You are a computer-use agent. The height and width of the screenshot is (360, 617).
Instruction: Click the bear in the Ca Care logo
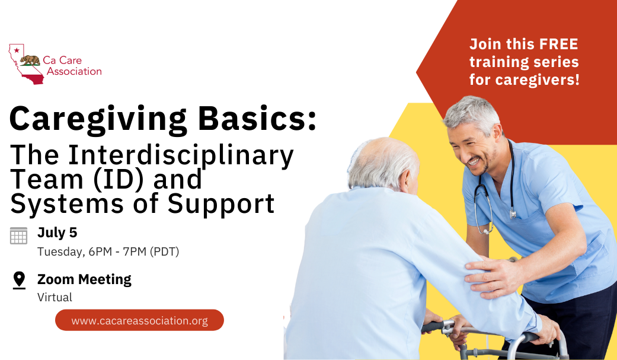[30, 60]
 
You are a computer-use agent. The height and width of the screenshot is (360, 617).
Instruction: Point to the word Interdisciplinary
[181, 155]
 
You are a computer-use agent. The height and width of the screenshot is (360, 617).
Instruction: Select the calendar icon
[19, 235]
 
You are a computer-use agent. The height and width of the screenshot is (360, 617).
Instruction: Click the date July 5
[57, 232]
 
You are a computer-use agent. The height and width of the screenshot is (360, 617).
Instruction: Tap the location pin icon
[19, 280]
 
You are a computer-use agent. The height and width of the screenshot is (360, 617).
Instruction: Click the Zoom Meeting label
[84, 279]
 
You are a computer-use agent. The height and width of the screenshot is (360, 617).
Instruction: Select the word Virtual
[55, 297]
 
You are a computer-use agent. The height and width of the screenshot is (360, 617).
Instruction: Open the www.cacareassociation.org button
[139, 320]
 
